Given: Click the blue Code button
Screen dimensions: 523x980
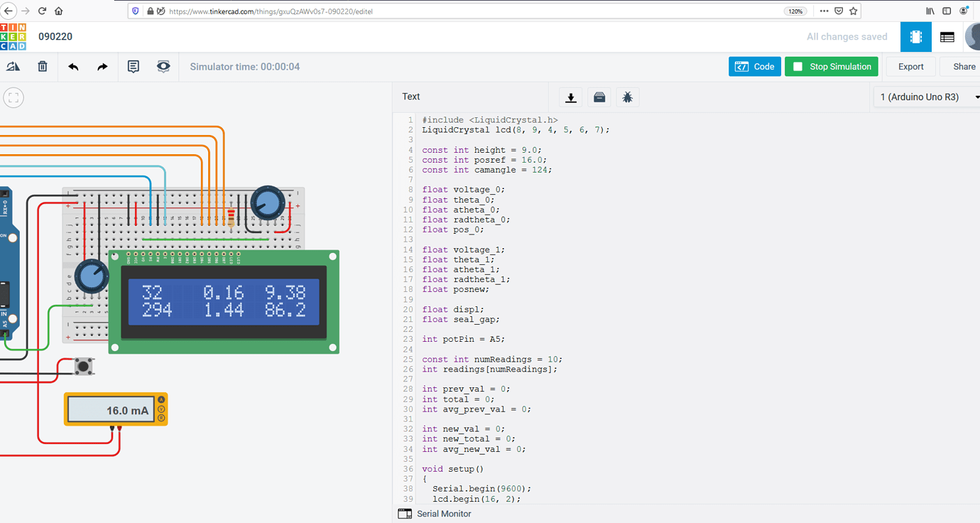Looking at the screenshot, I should pyautogui.click(x=754, y=67).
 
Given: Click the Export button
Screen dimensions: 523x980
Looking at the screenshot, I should pyautogui.click(x=910, y=67).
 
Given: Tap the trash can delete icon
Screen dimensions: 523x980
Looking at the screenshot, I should pyautogui.click(x=43, y=67).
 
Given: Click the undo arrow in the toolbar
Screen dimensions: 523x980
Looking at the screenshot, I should pyautogui.click(x=73, y=67).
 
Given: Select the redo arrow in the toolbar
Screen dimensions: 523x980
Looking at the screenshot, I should pyautogui.click(x=102, y=67).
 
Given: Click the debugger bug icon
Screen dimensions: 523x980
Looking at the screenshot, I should pyautogui.click(x=627, y=97).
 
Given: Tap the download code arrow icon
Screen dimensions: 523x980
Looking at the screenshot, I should pyautogui.click(x=570, y=97).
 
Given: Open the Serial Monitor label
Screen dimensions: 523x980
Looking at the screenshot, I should pyautogui.click(x=443, y=514).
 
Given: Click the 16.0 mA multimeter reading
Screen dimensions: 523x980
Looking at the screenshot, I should pyautogui.click(x=127, y=411).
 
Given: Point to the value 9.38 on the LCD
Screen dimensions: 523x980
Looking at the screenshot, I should pyautogui.click(x=285, y=292).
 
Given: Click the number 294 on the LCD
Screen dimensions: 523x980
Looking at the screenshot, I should pyautogui.click(x=157, y=309).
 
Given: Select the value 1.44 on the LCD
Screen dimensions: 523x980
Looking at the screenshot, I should pyautogui.click(x=223, y=309).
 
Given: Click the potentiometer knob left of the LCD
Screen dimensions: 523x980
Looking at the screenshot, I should pyautogui.click(x=92, y=276).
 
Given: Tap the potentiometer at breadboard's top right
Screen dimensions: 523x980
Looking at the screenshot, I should pyautogui.click(x=268, y=203).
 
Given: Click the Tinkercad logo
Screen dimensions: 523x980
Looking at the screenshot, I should pyautogui.click(x=13, y=37).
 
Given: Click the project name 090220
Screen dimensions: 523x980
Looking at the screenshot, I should pyautogui.click(x=55, y=37).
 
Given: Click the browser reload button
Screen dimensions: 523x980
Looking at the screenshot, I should pyautogui.click(x=42, y=11).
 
